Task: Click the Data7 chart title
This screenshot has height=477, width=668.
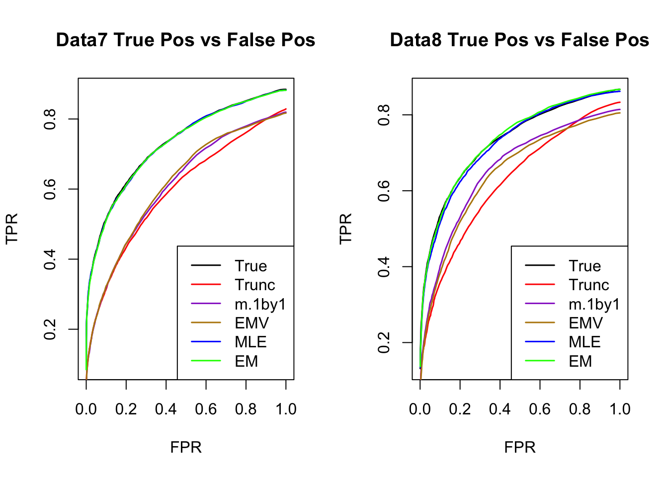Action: click(x=185, y=40)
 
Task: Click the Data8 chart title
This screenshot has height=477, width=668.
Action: click(x=519, y=40)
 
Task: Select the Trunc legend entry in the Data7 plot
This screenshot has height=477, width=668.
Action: click(x=254, y=285)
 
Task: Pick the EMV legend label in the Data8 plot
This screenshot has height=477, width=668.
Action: click(x=585, y=323)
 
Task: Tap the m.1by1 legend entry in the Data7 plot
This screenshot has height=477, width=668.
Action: click(x=260, y=304)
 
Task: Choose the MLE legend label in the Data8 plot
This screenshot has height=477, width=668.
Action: click(x=584, y=342)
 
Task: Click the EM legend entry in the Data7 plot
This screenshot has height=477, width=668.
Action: click(x=247, y=361)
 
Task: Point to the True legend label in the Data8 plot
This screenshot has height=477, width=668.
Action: click(x=584, y=266)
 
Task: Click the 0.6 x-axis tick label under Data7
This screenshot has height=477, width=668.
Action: click(x=206, y=409)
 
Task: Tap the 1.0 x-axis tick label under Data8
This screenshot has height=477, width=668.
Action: click(x=620, y=409)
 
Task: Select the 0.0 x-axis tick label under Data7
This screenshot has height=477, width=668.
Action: click(x=86, y=409)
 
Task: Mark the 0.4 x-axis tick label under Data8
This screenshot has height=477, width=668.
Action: click(x=500, y=409)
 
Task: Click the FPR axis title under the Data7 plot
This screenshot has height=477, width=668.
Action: click(x=186, y=447)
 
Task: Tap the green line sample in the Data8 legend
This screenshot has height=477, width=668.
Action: click(x=540, y=361)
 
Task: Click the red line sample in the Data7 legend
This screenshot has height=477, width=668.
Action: click(x=206, y=285)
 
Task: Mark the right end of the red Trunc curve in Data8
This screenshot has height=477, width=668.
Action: click(x=620, y=102)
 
